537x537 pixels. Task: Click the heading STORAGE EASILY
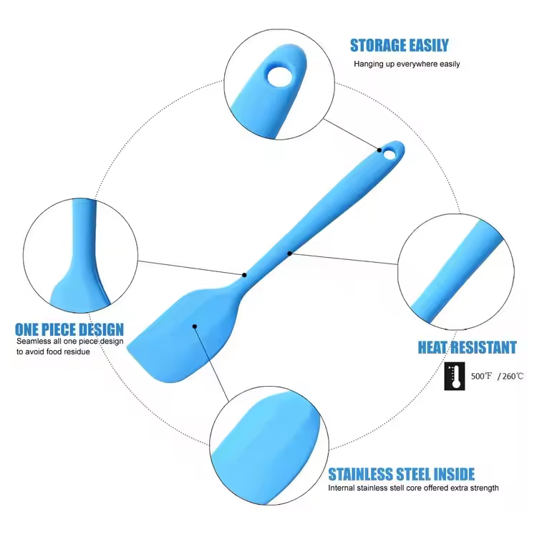coord(399,45)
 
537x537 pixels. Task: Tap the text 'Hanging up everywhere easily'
coord(407,64)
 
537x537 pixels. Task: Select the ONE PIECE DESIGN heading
coord(69,329)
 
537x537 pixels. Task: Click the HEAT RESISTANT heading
coord(467,347)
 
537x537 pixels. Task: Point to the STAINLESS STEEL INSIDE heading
coord(402,474)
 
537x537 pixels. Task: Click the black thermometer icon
coord(455,376)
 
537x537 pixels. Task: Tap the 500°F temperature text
coord(481,376)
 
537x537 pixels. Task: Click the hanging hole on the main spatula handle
coord(389,155)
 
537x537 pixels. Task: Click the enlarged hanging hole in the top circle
coord(280,76)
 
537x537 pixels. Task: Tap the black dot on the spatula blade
coord(195,326)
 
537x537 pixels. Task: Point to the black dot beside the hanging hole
coord(379,150)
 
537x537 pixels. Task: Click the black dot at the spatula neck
coord(244,275)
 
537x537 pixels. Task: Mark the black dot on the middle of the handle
coord(290,253)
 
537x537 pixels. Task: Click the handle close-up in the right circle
coord(456,272)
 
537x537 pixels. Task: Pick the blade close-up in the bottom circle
coord(269,445)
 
